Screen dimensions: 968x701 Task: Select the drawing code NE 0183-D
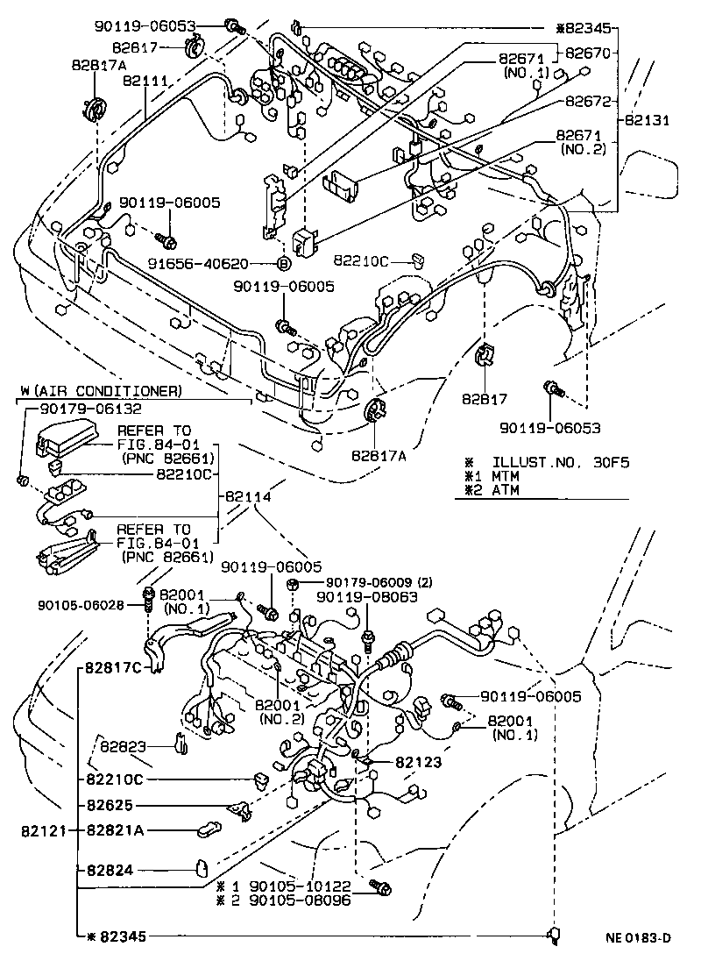pyautogui.click(x=637, y=938)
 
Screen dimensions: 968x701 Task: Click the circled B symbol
pyautogui.click(x=284, y=263)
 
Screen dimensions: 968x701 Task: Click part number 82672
pyautogui.click(x=587, y=102)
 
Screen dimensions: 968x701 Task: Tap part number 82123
pyautogui.click(x=417, y=763)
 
